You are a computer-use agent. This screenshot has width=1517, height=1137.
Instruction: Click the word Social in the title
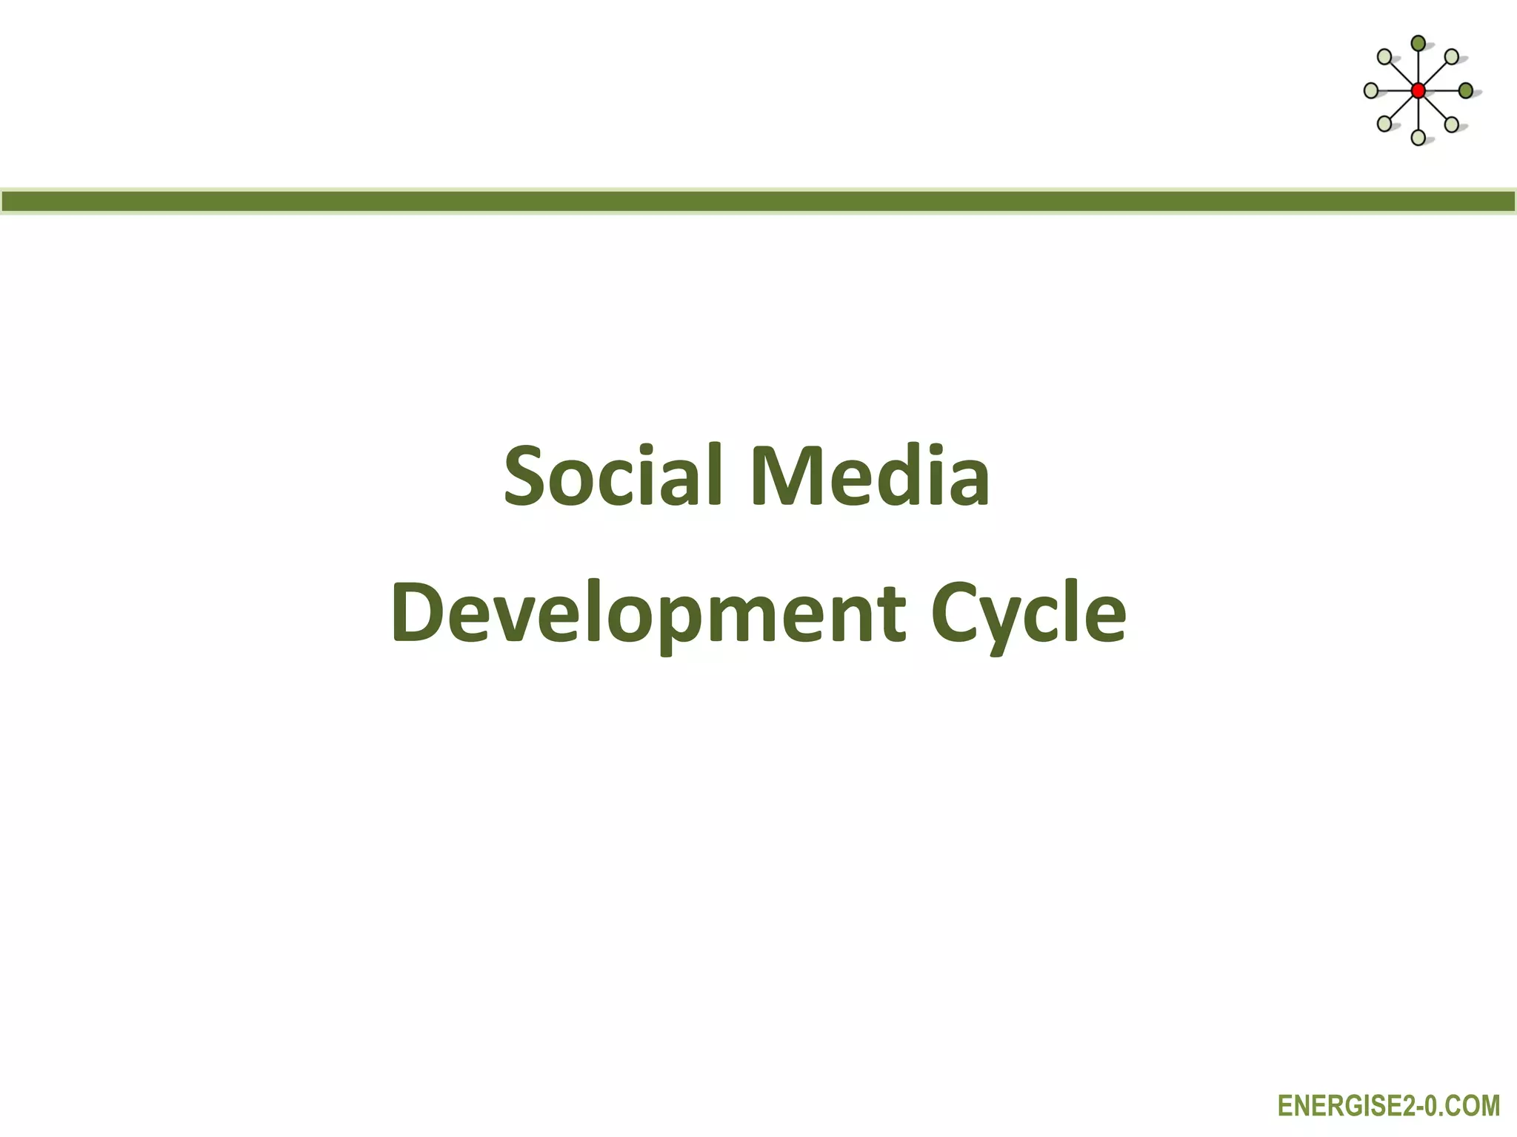coord(613,475)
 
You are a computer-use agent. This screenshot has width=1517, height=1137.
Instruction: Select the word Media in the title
coord(870,475)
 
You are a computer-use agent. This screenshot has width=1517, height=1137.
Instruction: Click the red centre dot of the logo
coord(1418,91)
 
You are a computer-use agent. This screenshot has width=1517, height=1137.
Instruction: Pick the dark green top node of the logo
coord(1418,44)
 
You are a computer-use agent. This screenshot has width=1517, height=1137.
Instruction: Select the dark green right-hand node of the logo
coord(1465,91)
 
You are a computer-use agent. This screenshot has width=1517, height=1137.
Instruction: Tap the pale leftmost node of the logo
coord(1371,91)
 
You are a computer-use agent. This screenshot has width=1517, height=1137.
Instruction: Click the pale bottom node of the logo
coord(1418,138)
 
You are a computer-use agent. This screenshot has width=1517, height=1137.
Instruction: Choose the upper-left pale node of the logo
coord(1384,57)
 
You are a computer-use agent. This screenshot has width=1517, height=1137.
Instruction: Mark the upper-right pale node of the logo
coord(1452,57)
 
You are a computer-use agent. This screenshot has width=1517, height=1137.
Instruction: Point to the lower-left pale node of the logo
coord(1384,124)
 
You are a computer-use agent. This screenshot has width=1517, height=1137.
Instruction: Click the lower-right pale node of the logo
coord(1452,124)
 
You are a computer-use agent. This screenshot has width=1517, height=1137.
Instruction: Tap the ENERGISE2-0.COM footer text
coord(1389,1106)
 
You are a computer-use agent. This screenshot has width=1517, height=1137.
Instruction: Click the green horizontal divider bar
coord(758,201)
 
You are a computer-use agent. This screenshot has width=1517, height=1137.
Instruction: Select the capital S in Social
coord(529,475)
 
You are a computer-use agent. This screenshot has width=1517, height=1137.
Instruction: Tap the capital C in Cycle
coord(957,613)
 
